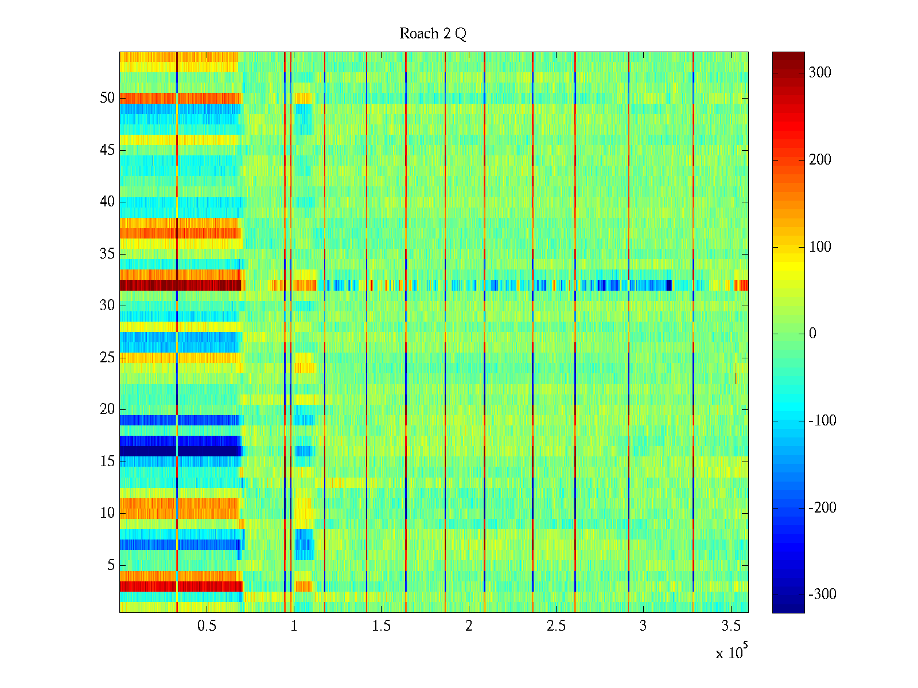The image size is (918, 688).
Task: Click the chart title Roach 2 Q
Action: [x=433, y=34]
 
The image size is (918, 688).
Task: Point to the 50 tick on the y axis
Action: [x=107, y=98]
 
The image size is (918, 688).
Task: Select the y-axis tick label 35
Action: [x=107, y=253]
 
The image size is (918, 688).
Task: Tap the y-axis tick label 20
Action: [x=107, y=409]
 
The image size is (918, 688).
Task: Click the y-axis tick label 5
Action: [x=111, y=565]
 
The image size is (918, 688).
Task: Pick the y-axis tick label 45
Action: [x=107, y=150]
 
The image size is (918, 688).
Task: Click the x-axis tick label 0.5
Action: [x=207, y=626]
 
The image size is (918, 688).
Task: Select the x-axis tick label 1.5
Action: [x=381, y=626]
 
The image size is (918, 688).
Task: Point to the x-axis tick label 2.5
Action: [x=556, y=626]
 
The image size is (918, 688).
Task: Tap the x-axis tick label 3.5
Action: [x=730, y=626]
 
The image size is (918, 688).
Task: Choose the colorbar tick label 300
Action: [x=819, y=72]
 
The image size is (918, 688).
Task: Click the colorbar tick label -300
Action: [x=822, y=595]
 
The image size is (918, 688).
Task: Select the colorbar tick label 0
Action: [x=812, y=334]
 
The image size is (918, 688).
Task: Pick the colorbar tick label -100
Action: [x=822, y=421]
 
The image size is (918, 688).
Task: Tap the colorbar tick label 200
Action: [x=819, y=159]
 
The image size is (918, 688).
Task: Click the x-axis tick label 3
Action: [x=643, y=626]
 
